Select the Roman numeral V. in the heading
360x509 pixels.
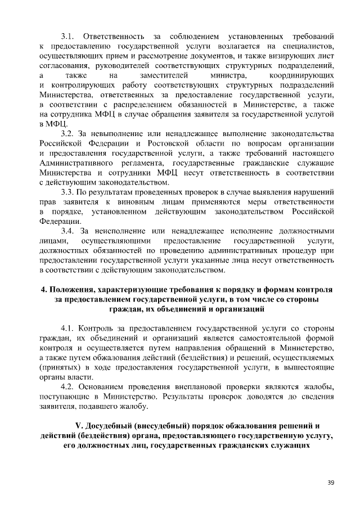(x=79, y=425)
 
